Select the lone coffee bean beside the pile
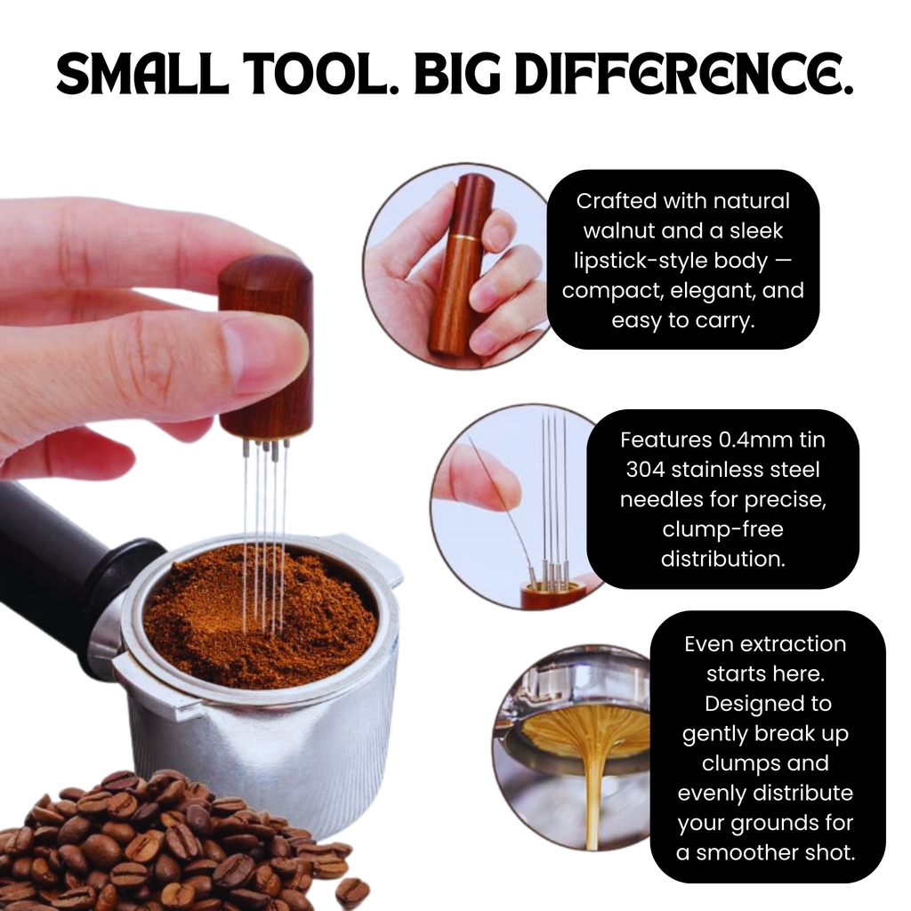(351, 891)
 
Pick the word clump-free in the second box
(722, 528)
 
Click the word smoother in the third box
(745, 852)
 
